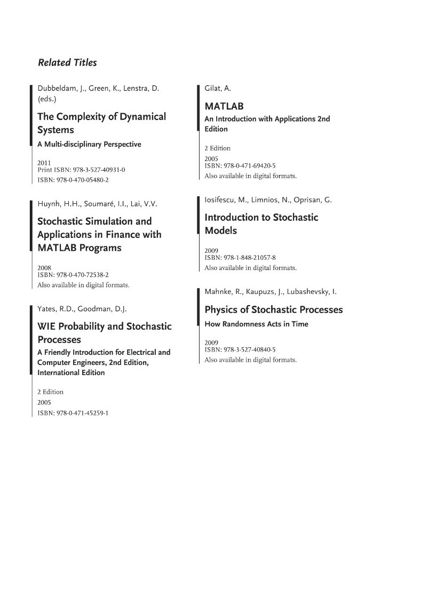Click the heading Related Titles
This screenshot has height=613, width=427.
coord(67,62)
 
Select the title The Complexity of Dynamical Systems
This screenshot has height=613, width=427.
coord(101,123)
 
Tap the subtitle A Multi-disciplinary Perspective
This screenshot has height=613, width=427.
coord(89,144)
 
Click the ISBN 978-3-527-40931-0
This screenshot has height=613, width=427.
coord(81,170)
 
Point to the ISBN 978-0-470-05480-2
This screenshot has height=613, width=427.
coord(73,180)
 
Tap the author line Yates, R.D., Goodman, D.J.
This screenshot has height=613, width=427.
coord(82,308)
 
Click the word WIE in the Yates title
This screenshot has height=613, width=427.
coord(46,326)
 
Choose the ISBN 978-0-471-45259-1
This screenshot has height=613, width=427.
coord(73,412)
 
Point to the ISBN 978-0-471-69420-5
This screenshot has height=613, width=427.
coord(240,166)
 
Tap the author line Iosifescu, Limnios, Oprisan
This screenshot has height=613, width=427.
coord(268,200)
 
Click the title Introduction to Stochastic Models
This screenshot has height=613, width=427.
coord(261,224)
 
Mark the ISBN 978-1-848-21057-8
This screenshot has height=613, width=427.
coord(240,257)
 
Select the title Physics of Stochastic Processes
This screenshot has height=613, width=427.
coord(274,310)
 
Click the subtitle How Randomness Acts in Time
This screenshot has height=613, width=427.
coord(256,324)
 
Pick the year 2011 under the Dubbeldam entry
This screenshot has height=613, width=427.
coord(44,162)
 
